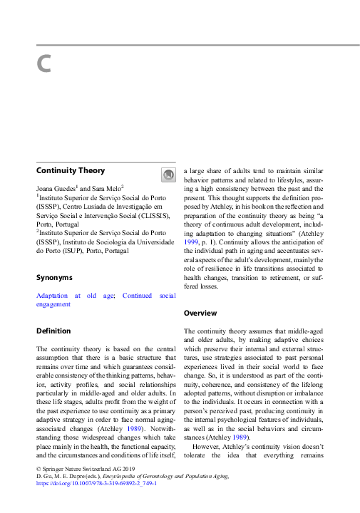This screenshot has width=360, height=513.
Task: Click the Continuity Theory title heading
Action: tap(71, 170)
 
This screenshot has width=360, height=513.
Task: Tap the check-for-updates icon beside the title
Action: tap(168, 175)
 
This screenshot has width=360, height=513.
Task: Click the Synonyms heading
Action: tap(54, 277)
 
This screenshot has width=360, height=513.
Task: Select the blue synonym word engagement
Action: tap(53, 304)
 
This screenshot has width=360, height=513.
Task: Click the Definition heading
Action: tap(53, 331)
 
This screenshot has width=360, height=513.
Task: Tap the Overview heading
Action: tap(200, 313)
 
